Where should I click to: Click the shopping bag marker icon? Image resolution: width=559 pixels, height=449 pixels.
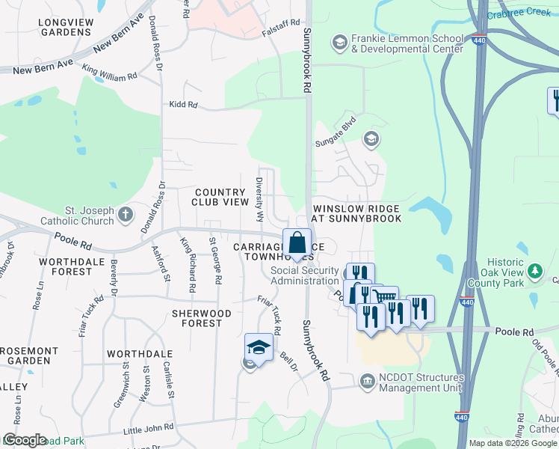297,243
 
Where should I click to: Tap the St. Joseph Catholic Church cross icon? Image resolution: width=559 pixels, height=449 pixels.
126,215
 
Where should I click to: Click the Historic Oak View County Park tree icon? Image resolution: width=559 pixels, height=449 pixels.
534,270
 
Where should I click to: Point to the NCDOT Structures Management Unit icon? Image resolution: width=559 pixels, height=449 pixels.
367,382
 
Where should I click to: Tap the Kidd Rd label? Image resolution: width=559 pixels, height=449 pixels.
183,106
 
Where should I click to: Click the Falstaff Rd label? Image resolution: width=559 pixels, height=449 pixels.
281,24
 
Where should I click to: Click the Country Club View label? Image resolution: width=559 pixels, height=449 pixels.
220,198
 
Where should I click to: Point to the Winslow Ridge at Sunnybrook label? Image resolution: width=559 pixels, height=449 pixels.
356,213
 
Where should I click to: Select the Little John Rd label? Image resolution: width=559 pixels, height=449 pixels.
148,427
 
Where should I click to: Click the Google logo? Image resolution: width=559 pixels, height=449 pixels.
24,440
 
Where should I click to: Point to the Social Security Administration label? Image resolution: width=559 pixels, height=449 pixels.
304,275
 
